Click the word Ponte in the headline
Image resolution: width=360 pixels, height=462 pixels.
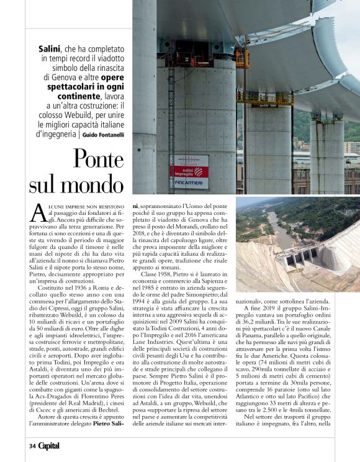click(x=91, y=160)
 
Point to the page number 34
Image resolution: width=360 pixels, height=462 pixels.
click(x=32, y=445)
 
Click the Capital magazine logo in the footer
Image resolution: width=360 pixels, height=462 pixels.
click(x=49, y=445)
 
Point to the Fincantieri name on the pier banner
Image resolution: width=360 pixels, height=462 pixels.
click(x=189, y=183)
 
